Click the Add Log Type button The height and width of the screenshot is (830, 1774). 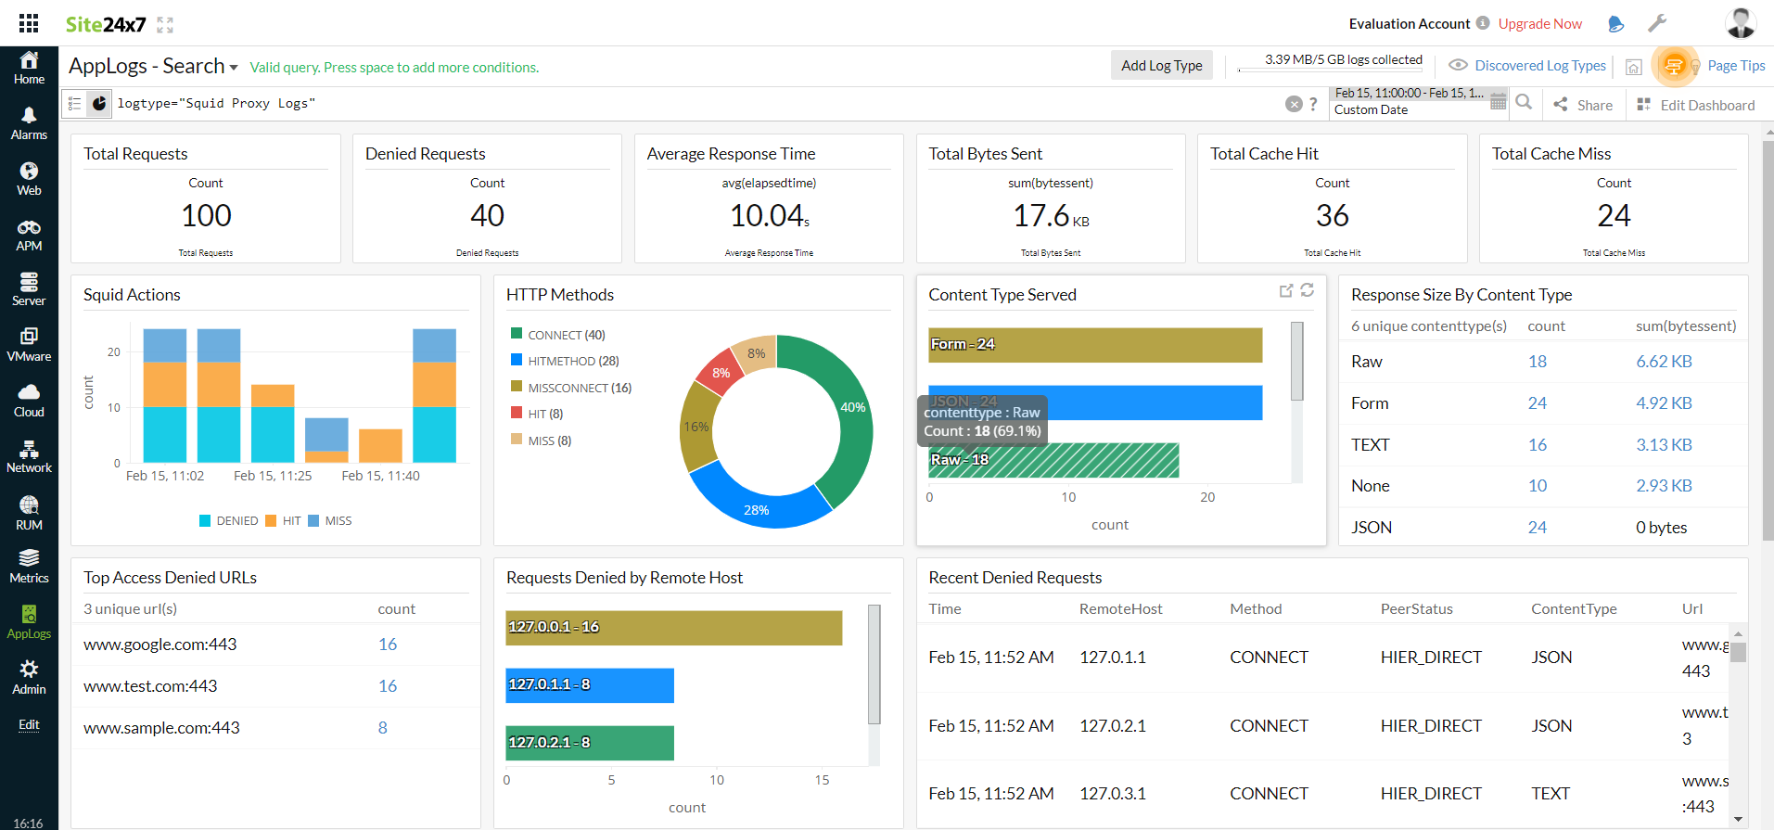[1161, 66]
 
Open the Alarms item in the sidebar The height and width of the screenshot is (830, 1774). [29, 123]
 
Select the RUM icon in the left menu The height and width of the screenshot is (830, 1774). [29, 513]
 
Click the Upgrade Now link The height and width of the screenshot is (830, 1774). [1539, 24]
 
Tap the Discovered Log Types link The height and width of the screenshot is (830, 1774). [1539, 66]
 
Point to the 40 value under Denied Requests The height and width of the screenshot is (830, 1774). [487, 216]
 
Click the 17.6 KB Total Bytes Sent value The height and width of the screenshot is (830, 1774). [1050, 216]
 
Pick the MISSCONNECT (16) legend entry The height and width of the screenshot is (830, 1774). [579, 388]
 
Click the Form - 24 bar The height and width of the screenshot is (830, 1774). [1094, 345]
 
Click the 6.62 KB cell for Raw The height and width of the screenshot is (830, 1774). [1664, 362]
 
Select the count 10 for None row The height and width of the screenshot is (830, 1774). [1537, 486]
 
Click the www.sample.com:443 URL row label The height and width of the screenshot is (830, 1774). [161, 728]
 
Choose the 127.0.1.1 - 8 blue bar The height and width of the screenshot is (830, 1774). [589, 685]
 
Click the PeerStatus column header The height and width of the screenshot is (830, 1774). [1416, 609]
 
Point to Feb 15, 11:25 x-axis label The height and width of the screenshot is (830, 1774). [273, 476]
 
